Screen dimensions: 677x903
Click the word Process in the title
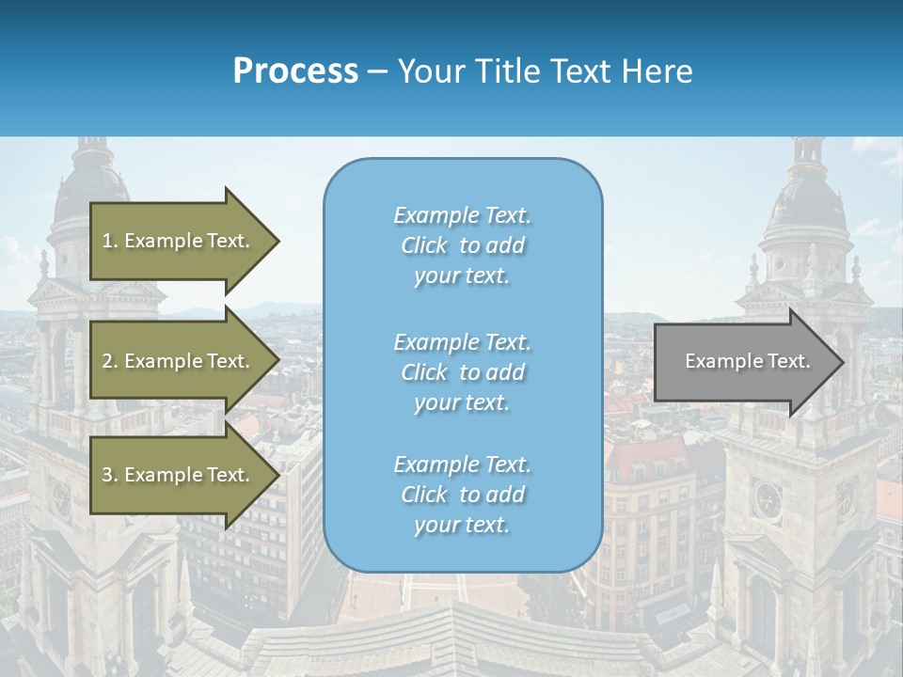tap(295, 71)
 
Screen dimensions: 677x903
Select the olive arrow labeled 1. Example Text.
tap(179, 241)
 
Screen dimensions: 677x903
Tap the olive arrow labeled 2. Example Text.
tap(179, 361)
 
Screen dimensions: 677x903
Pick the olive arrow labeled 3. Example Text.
tap(179, 475)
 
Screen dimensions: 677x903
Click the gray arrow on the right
tap(743, 361)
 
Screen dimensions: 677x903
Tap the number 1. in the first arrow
tap(110, 241)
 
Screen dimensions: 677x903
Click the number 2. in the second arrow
tap(110, 361)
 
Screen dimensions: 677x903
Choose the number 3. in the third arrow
tap(110, 475)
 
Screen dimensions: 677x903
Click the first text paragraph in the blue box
tap(462, 245)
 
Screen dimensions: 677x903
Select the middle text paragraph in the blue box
tap(462, 372)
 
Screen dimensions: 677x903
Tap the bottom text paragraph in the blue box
tap(462, 495)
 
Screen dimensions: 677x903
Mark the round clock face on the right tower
tap(767, 497)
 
